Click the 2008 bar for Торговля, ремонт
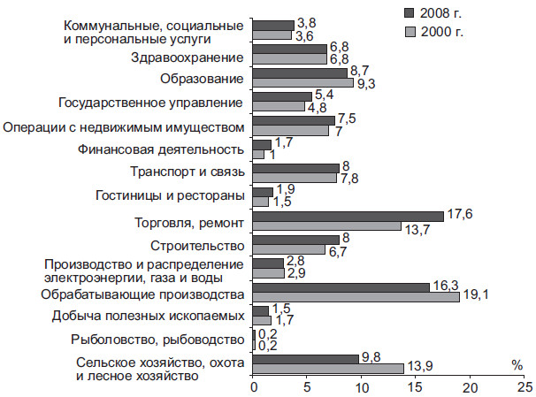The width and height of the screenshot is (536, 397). tap(348, 216)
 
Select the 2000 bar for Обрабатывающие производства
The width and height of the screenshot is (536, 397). tap(356, 297)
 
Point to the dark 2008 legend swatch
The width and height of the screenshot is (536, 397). tap(410, 13)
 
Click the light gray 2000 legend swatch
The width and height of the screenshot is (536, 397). tap(410, 32)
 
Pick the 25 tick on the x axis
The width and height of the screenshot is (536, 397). tap(525, 387)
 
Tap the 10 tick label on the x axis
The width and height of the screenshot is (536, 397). tap(362, 387)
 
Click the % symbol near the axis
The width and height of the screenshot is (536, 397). tap(517, 363)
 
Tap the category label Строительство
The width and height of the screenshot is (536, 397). tap(200, 244)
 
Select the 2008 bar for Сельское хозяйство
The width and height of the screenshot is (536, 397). tap(306, 357)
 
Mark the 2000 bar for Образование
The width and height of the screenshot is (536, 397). tap(303, 83)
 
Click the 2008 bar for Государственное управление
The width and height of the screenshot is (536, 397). tap(282, 95)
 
